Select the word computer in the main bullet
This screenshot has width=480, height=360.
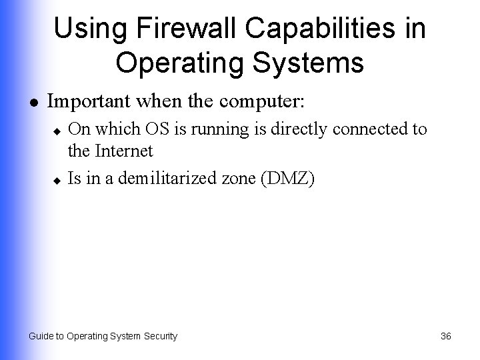click(261, 103)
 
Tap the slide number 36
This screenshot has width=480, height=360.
click(446, 337)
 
